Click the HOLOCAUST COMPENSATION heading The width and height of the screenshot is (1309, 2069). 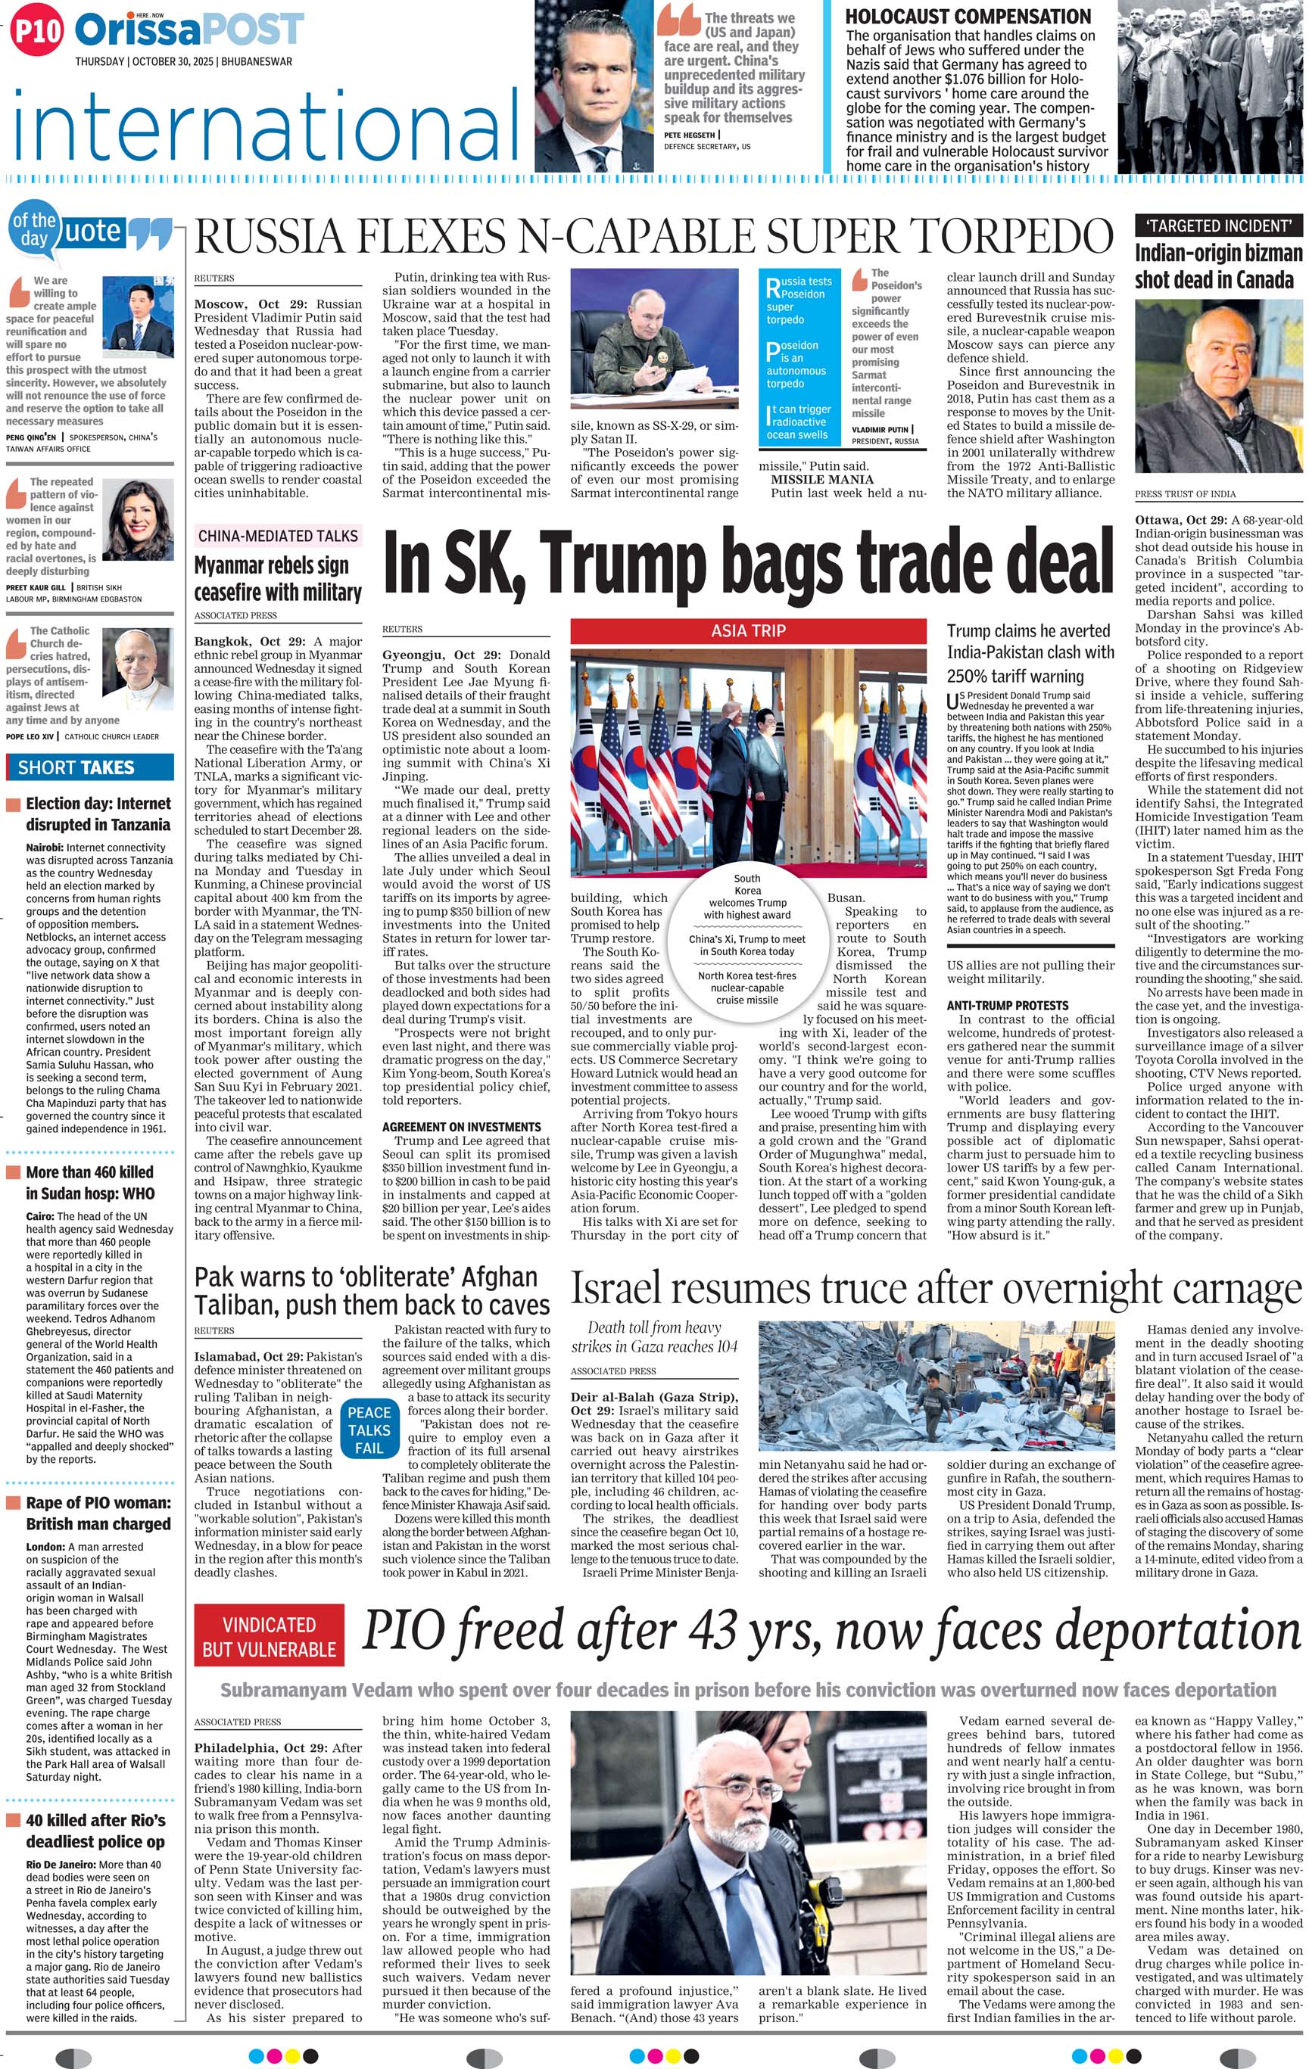coord(968,17)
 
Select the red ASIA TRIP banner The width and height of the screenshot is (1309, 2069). coord(748,630)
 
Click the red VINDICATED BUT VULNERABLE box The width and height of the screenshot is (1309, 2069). coord(269,1637)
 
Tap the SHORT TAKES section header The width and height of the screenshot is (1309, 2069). coord(76,767)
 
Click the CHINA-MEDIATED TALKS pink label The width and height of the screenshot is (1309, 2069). coord(278,535)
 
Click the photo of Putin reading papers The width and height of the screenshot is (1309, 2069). coord(654,338)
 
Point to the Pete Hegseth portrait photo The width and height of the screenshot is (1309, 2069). coord(592,86)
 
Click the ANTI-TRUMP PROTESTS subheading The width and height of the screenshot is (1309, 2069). coord(1008,1005)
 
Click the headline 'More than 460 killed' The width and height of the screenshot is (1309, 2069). coord(89,1172)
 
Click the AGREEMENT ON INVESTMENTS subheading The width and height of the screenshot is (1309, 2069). coord(462,1126)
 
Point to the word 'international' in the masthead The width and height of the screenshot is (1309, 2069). coord(266,131)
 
